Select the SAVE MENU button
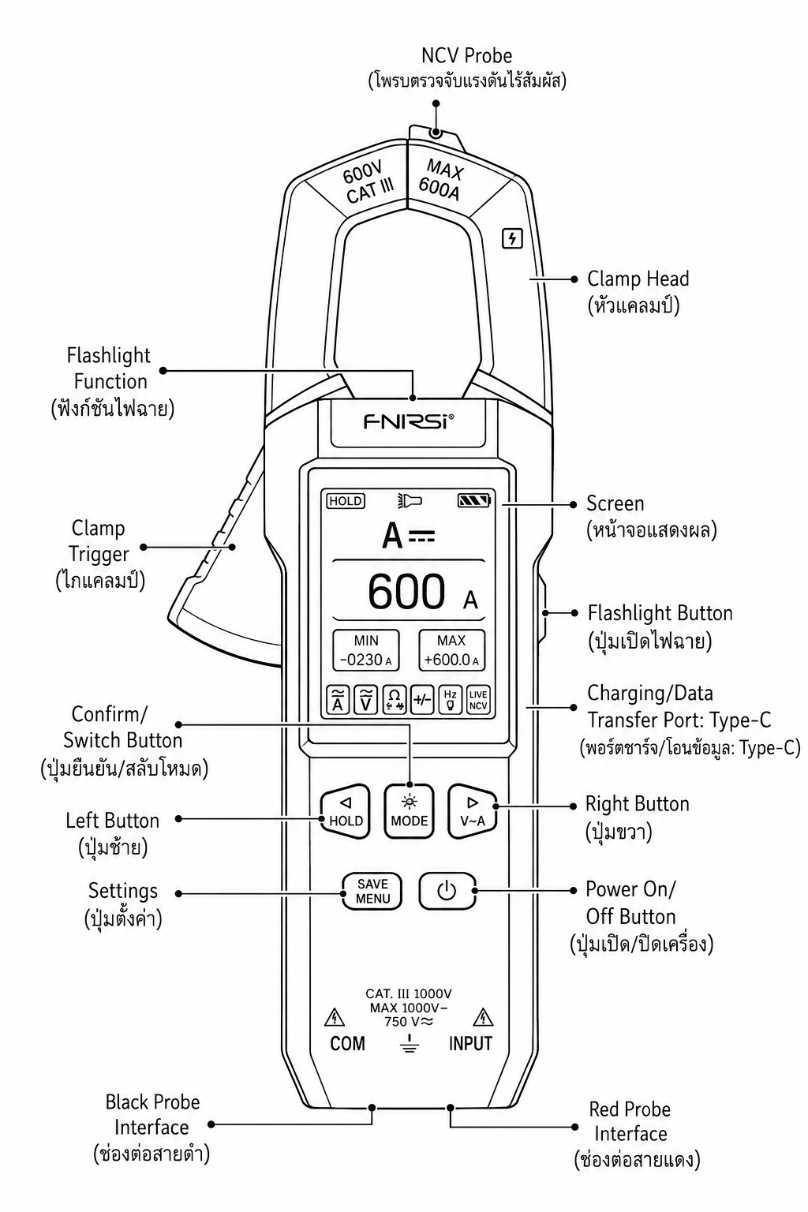click(372, 891)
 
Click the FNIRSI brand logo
click(409, 421)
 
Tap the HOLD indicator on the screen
click(346, 501)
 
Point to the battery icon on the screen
click(474, 500)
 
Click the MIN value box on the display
click(365, 650)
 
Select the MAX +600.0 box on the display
click(451, 650)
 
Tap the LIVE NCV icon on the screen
click(478, 700)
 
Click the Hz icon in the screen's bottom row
click(450, 700)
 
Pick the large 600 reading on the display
click(406, 591)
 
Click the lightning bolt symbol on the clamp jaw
click(512, 238)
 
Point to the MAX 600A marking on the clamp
click(442, 179)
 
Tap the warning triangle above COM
click(335, 1018)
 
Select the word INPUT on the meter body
click(470, 1044)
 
